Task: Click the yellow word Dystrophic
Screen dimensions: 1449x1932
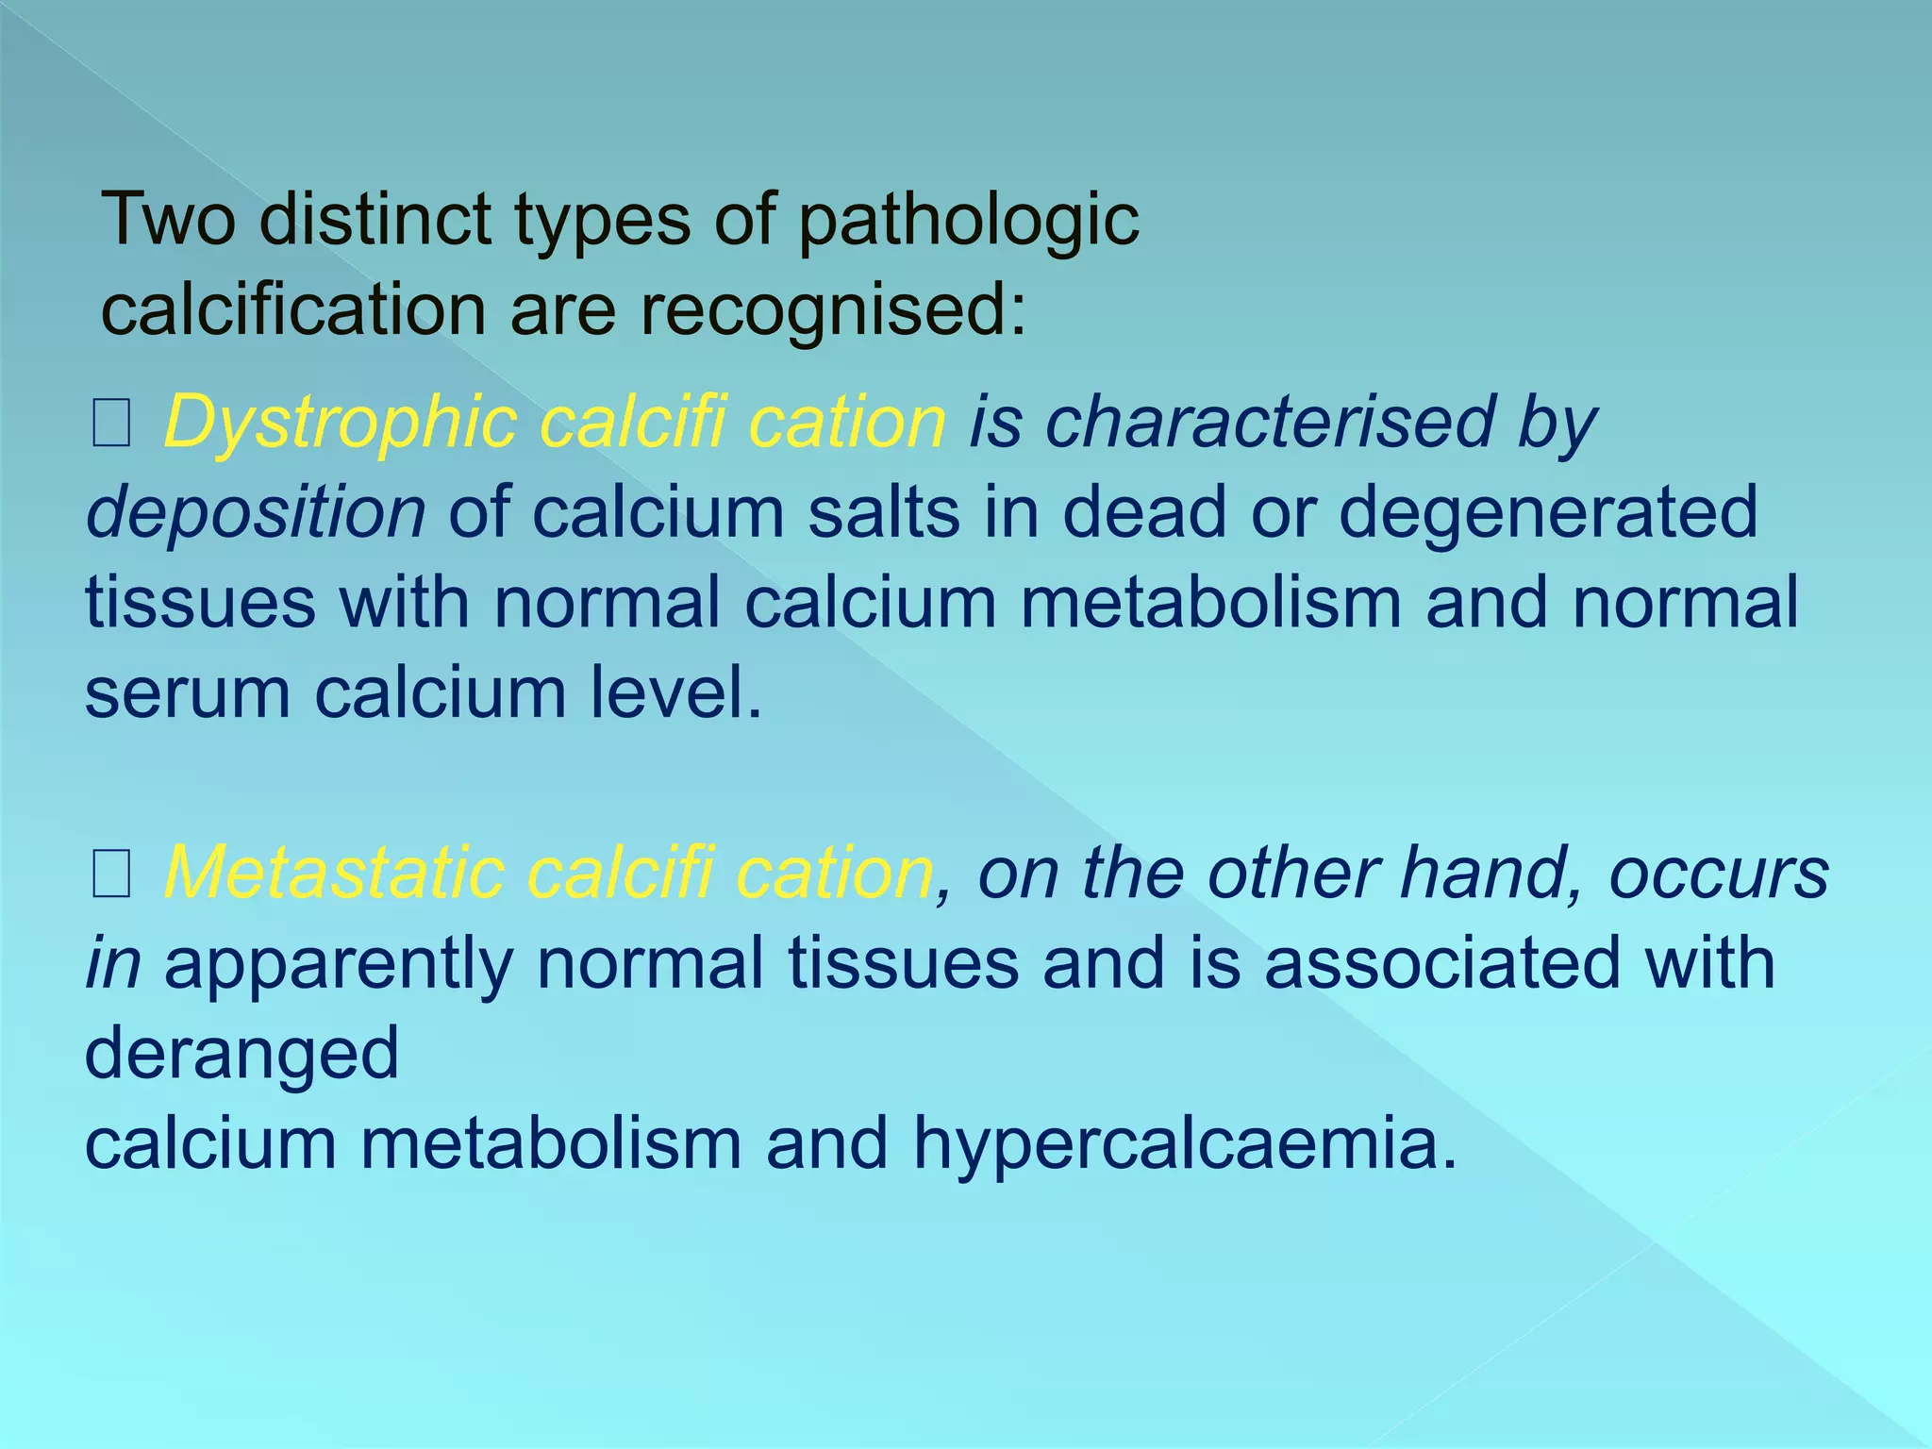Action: click(341, 424)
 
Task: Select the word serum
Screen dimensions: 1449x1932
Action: click(188, 694)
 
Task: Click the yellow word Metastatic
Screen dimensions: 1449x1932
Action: click(334, 874)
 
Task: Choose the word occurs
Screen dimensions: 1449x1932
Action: click(1719, 874)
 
